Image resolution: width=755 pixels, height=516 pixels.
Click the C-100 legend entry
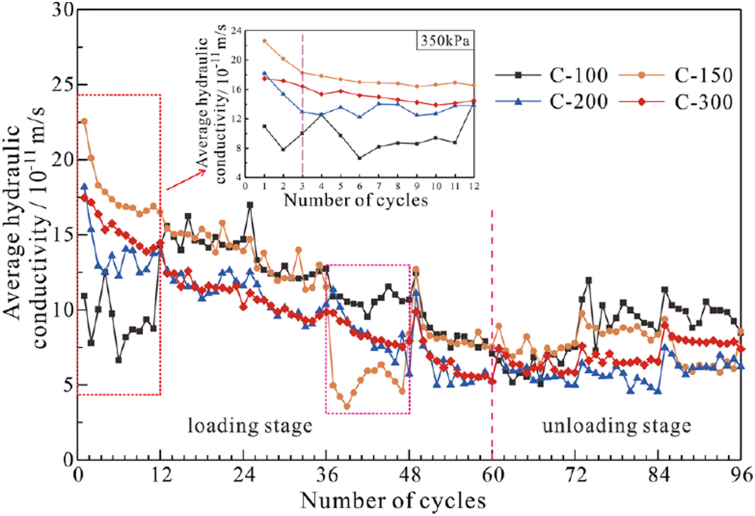pyautogui.click(x=552, y=75)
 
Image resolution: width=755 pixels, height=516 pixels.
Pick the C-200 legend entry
pyautogui.click(x=552, y=102)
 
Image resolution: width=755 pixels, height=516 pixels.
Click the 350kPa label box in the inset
pyautogui.click(x=444, y=41)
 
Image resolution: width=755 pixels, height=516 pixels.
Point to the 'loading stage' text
pyautogui.click(x=250, y=425)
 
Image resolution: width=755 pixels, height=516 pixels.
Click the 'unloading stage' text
pyautogui.click(x=617, y=425)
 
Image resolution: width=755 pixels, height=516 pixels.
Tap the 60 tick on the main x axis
pyautogui.click(x=492, y=475)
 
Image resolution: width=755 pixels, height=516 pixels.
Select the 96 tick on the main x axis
pyautogui.click(x=741, y=475)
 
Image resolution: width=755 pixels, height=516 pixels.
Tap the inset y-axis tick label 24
pyautogui.click(x=236, y=31)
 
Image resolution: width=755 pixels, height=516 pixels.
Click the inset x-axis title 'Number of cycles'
pyautogui.click(x=356, y=200)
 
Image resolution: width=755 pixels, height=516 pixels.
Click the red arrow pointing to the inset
pyautogui.click(x=186, y=180)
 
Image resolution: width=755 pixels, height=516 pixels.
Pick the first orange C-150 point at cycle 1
pyautogui.click(x=84, y=122)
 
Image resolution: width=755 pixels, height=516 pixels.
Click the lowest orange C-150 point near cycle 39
pyautogui.click(x=347, y=407)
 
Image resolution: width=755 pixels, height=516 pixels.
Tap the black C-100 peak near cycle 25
pyautogui.click(x=250, y=205)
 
